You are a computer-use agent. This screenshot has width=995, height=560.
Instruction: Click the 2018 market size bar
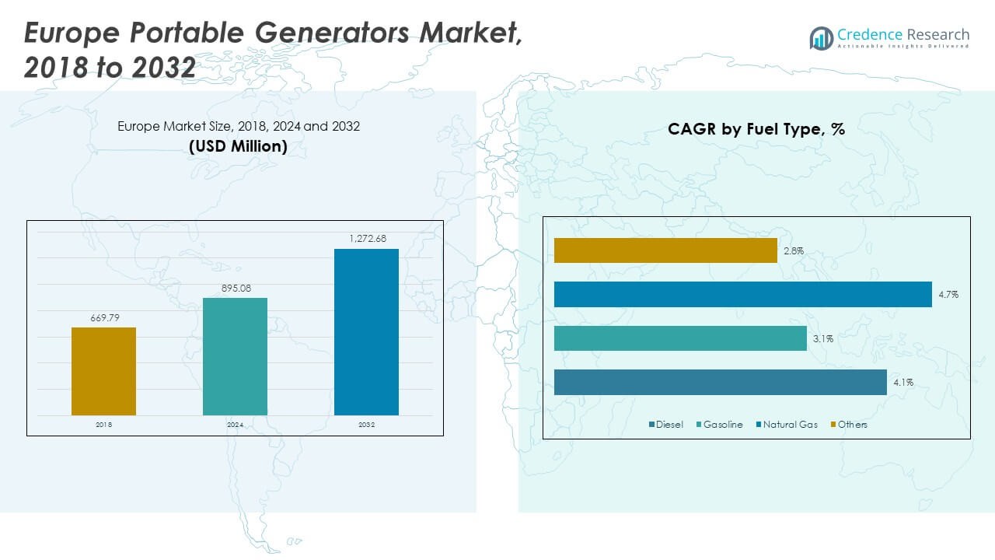(x=103, y=371)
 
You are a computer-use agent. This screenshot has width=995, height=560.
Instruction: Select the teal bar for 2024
(x=235, y=356)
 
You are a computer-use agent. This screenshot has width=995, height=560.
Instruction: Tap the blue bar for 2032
(x=366, y=332)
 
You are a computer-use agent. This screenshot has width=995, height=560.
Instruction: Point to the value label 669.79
(x=103, y=318)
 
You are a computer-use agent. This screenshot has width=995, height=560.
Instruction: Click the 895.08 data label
(x=235, y=289)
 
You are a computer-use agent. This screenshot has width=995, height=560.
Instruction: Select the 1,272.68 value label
(x=366, y=239)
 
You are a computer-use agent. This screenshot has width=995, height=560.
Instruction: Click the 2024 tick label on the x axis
(x=235, y=425)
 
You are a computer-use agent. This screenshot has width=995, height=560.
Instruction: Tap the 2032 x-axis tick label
(x=366, y=425)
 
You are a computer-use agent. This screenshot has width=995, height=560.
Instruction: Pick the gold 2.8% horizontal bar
(x=665, y=250)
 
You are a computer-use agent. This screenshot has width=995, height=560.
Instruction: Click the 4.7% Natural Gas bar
(x=742, y=295)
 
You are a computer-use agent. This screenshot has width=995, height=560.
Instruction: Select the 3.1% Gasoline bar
(x=680, y=338)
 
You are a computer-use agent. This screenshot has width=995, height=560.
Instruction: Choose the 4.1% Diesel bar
(x=720, y=383)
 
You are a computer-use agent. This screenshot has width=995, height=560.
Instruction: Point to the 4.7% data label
(x=948, y=295)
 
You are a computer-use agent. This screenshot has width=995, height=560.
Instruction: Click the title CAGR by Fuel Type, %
(x=756, y=129)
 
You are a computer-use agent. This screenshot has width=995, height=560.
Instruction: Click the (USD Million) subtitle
(x=238, y=145)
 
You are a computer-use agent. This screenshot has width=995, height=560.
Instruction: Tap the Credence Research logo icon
(x=821, y=37)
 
